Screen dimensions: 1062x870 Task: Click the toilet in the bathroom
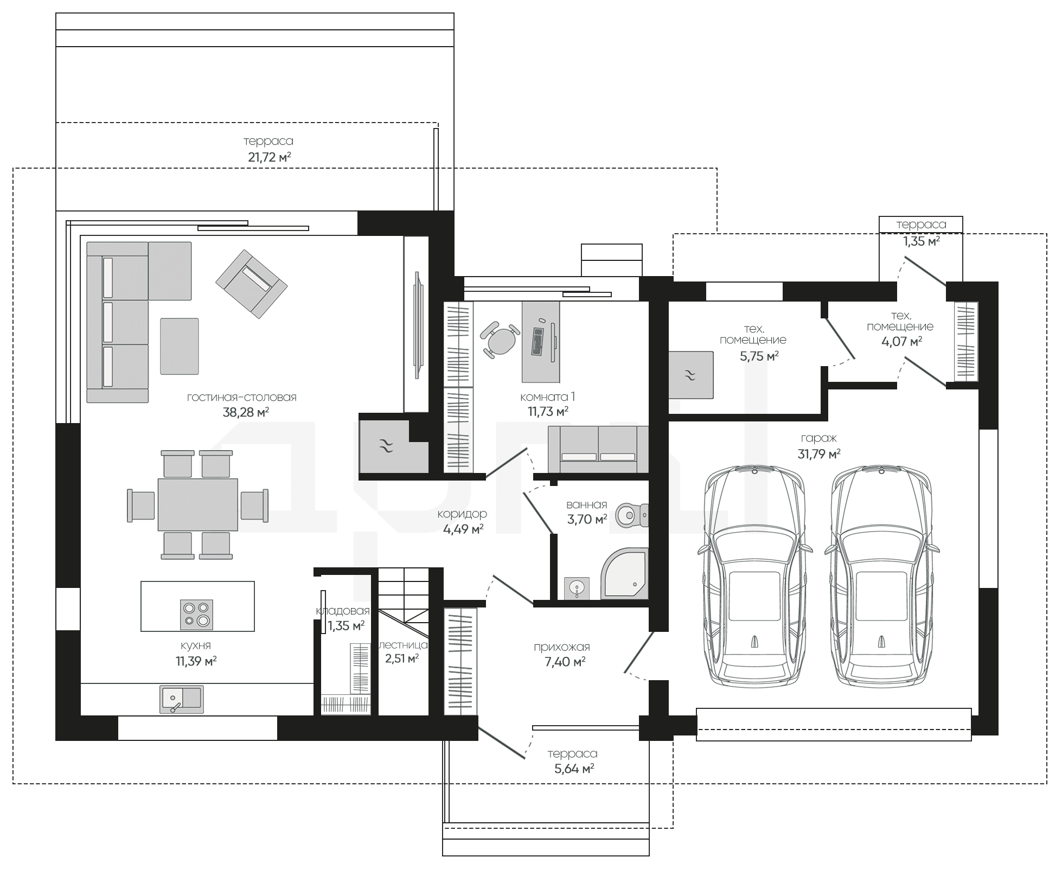click(x=632, y=513)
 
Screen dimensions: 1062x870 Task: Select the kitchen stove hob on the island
click(x=197, y=614)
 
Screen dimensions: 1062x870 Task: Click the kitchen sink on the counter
click(x=181, y=699)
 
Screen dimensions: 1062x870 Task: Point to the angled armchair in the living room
click(x=251, y=284)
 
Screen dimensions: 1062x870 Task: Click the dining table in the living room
click(x=197, y=504)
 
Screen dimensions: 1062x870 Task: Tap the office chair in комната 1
click(x=500, y=340)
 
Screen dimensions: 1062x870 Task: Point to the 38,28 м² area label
click(x=246, y=412)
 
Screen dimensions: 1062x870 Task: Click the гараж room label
click(x=818, y=438)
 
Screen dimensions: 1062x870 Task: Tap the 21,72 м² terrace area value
click(x=270, y=157)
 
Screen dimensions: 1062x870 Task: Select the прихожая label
click(x=562, y=647)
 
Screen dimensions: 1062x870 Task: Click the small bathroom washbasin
click(x=577, y=588)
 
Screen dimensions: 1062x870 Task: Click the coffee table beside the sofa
click(x=179, y=346)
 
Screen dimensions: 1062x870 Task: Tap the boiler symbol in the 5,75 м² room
click(x=690, y=375)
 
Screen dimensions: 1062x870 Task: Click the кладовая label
click(x=343, y=611)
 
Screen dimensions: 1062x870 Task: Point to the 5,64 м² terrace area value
click(x=574, y=769)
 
